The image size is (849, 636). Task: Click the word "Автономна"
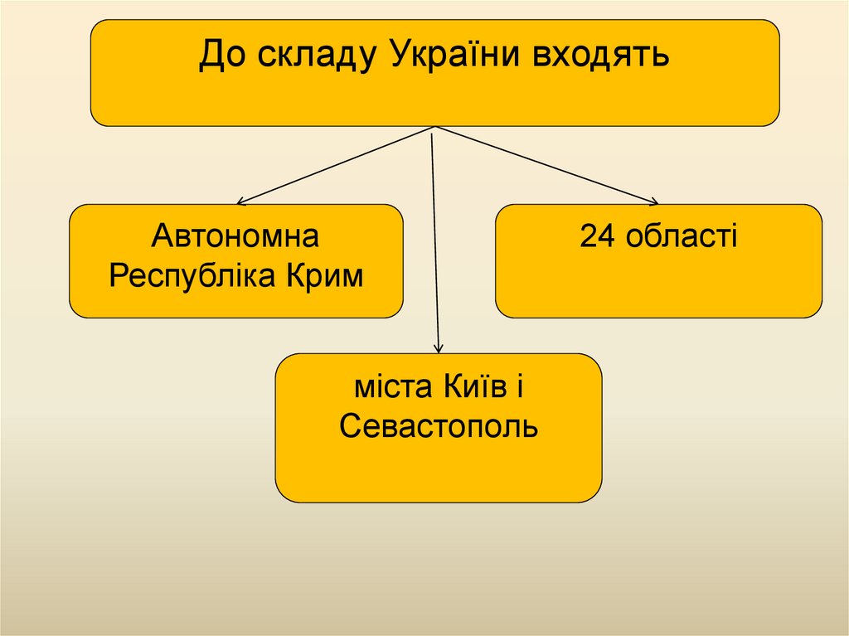click(235, 238)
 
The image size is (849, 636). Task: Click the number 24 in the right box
click(597, 238)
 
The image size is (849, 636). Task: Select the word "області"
click(682, 238)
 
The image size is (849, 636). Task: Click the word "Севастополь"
click(439, 426)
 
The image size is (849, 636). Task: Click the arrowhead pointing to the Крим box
click(240, 202)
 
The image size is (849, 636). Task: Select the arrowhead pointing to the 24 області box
click(654, 201)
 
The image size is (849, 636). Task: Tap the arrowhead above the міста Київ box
click(439, 349)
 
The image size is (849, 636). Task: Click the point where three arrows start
click(434, 128)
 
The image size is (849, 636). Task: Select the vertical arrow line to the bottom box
click(436, 240)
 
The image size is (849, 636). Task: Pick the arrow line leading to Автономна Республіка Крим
click(336, 165)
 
